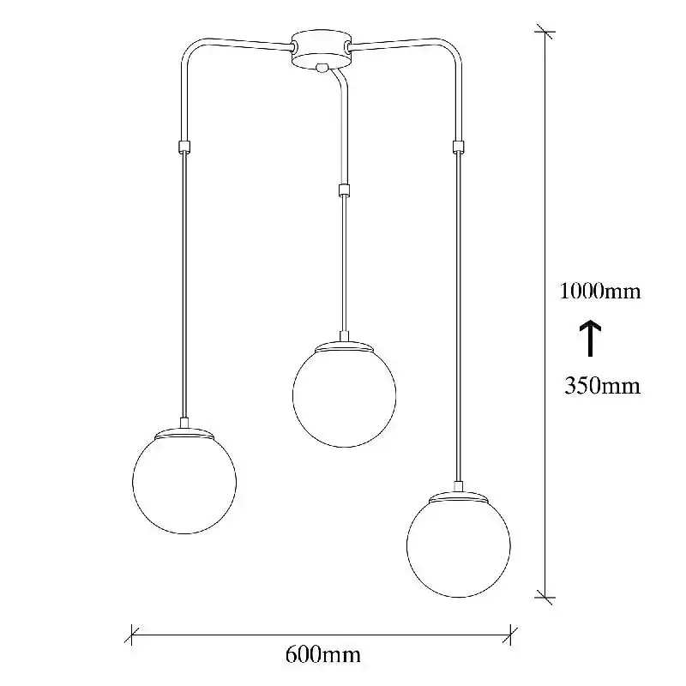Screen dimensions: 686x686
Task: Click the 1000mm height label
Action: point(600,291)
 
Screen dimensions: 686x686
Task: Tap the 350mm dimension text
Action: point(602,386)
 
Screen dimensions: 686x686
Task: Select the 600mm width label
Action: point(323,655)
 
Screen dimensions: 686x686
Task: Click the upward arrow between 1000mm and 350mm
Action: point(590,338)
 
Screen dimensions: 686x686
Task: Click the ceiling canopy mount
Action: point(321,48)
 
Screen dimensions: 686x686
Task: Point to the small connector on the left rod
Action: point(184,147)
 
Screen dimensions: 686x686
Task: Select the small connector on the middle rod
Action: point(345,190)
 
